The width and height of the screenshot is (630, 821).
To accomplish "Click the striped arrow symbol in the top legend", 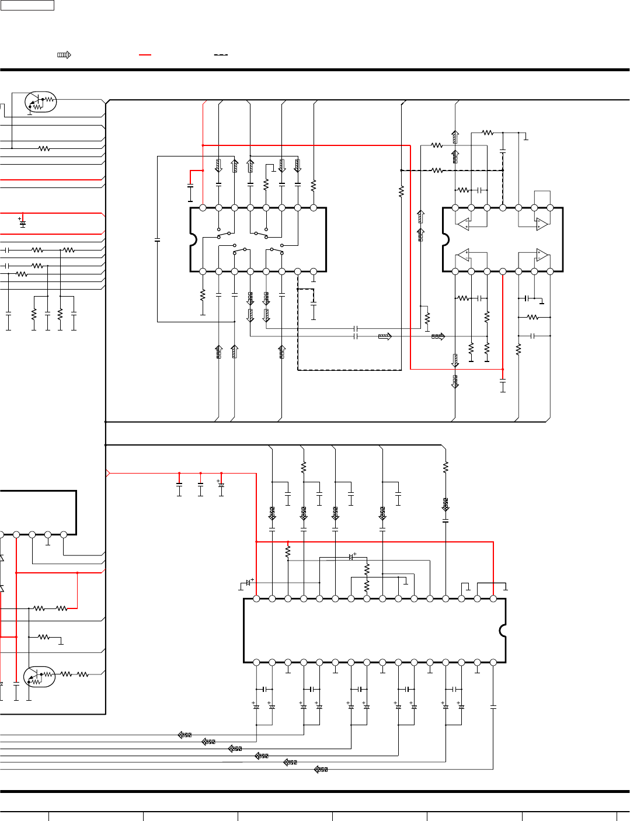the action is click(x=64, y=55).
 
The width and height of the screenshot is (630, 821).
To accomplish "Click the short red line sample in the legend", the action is click(x=145, y=55).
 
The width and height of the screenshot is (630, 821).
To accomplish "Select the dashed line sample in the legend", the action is click(x=221, y=55).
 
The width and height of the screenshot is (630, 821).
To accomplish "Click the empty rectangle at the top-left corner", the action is click(x=27, y=5).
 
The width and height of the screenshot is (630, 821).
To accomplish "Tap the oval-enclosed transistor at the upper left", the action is click(x=40, y=103).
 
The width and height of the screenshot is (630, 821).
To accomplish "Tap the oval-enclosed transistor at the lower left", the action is click(x=39, y=676).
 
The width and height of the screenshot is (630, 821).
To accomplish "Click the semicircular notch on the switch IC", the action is click(x=193, y=239).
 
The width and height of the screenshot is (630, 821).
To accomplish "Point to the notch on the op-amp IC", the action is click(x=445, y=239).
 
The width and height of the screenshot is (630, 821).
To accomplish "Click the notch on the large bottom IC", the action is click(x=503, y=631).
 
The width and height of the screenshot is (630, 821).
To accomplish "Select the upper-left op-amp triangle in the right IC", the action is click(x=463, y=224).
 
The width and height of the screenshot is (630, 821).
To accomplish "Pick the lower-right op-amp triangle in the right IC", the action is click(x=542, y=255).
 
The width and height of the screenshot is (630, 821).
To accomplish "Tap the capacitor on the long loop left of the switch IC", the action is click(x=158, y=239).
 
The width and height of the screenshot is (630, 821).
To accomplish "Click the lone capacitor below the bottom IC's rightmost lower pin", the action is click(x=493, y=707).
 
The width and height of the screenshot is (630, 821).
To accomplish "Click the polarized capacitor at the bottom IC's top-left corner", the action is click(x=248, y=583).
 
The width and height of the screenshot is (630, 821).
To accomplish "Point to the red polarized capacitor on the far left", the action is click(x=23, y=223).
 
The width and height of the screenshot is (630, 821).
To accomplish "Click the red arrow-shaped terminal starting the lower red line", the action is click(x=108, y=473).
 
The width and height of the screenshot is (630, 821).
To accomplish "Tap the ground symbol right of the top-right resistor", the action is click(x=526, y=137).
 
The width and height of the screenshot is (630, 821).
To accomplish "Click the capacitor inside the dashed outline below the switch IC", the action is click(x=314, y=305).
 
